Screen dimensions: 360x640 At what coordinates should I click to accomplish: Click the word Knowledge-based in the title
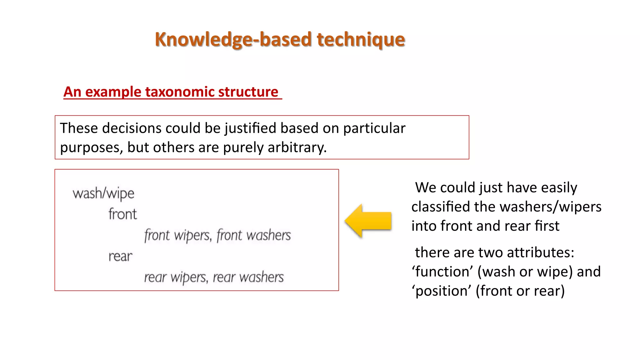point(233,40)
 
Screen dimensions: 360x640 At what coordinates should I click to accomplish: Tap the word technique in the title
point(361,40)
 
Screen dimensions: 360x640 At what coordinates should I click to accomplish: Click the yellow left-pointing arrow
point(368,221)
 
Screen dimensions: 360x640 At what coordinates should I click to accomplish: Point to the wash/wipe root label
point(103,194)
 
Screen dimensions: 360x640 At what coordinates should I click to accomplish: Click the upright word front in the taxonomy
point(122,214)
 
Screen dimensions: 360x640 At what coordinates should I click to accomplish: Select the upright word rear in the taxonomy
point(120,257)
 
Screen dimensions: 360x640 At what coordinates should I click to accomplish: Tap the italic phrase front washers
point(253,235)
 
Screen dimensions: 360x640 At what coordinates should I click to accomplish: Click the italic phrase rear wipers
point(176,277)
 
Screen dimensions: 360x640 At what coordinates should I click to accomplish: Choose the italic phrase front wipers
point(177,235)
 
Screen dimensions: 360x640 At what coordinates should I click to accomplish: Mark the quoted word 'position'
point(441,291)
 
